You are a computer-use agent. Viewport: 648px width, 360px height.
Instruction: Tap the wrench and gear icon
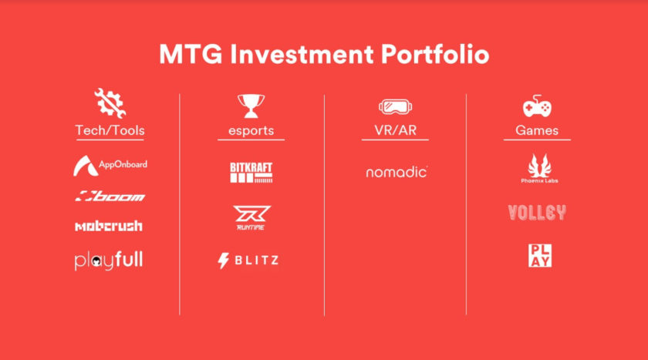coord(109,103)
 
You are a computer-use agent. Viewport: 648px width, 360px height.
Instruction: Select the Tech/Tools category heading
coord(110,130)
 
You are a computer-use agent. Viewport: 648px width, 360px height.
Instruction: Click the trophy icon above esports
coord(251,105)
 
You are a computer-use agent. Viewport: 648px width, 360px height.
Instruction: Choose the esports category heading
coord(251,131)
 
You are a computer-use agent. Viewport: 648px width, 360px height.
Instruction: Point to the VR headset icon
coord(395,106)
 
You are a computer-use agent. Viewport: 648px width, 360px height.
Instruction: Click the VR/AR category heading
coord(395,130)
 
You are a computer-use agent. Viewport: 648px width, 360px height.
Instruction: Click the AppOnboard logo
coord(110,165)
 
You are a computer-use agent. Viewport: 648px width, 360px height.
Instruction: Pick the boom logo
coord(110,196)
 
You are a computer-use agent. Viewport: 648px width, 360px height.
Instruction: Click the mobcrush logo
coord(109,226)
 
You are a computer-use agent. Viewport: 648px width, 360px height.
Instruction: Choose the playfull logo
coord(109,261)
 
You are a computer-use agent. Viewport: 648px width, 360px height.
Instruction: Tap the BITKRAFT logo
coord(251,172)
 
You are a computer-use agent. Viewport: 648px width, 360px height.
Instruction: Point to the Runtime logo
coord(251,218)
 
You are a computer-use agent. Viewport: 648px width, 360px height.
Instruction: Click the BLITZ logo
coord(248,261)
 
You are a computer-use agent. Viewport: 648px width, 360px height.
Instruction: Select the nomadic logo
coord(397,172)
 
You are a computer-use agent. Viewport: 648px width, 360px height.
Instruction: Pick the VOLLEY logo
coord(537,213)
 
